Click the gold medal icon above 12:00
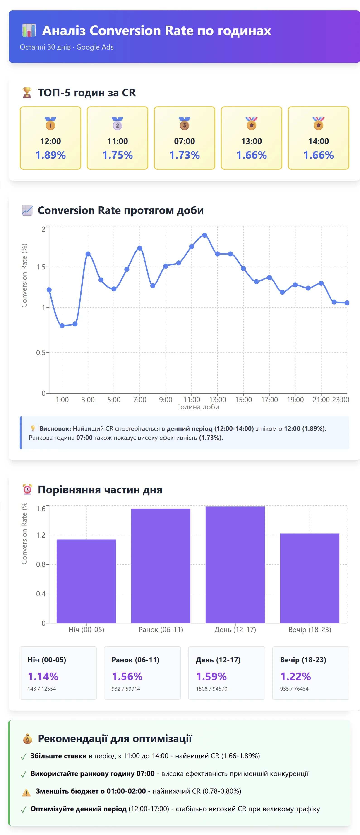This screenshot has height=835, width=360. click(50, 124)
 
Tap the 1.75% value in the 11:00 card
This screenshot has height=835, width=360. click(118, 155)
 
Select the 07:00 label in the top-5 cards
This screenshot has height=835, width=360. click(184, 141)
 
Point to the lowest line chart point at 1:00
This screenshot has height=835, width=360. click(62, 326)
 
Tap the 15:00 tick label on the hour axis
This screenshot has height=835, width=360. click(243, 400)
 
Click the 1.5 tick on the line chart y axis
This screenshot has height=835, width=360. click(41, 267)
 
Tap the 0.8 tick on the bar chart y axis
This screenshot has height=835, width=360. click(41, 564)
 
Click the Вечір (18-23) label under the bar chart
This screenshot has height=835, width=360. click(310, 630)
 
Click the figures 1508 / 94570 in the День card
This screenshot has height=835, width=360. click(211, 689)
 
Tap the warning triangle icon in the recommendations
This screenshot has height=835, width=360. click(26, 792)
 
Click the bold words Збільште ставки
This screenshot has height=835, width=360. click(58, 756)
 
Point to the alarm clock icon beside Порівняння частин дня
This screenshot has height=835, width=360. click(27, 490)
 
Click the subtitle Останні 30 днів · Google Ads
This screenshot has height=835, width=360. click(67, 47)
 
